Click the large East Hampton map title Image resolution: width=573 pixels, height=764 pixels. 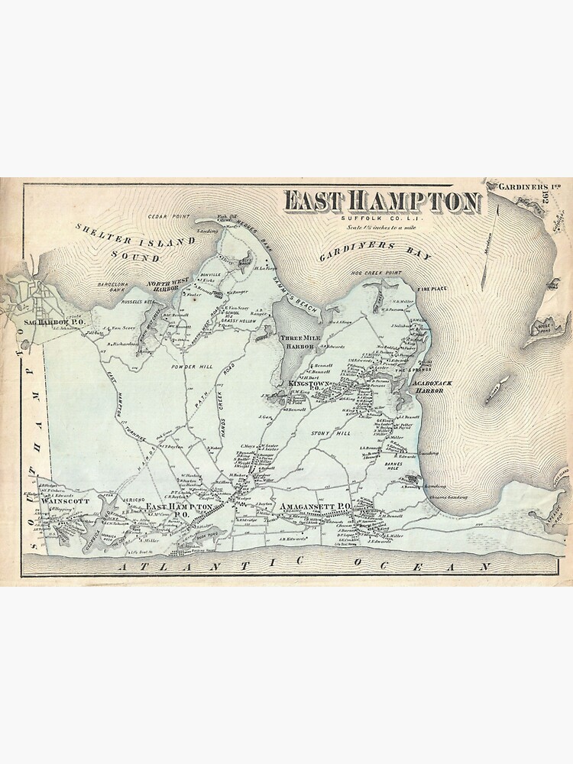click(383, 202)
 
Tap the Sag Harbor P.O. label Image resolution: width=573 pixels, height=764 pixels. click(53, 322)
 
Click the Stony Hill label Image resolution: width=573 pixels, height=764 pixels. click(329, 434)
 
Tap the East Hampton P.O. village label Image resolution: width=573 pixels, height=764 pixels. click(180, 510)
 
